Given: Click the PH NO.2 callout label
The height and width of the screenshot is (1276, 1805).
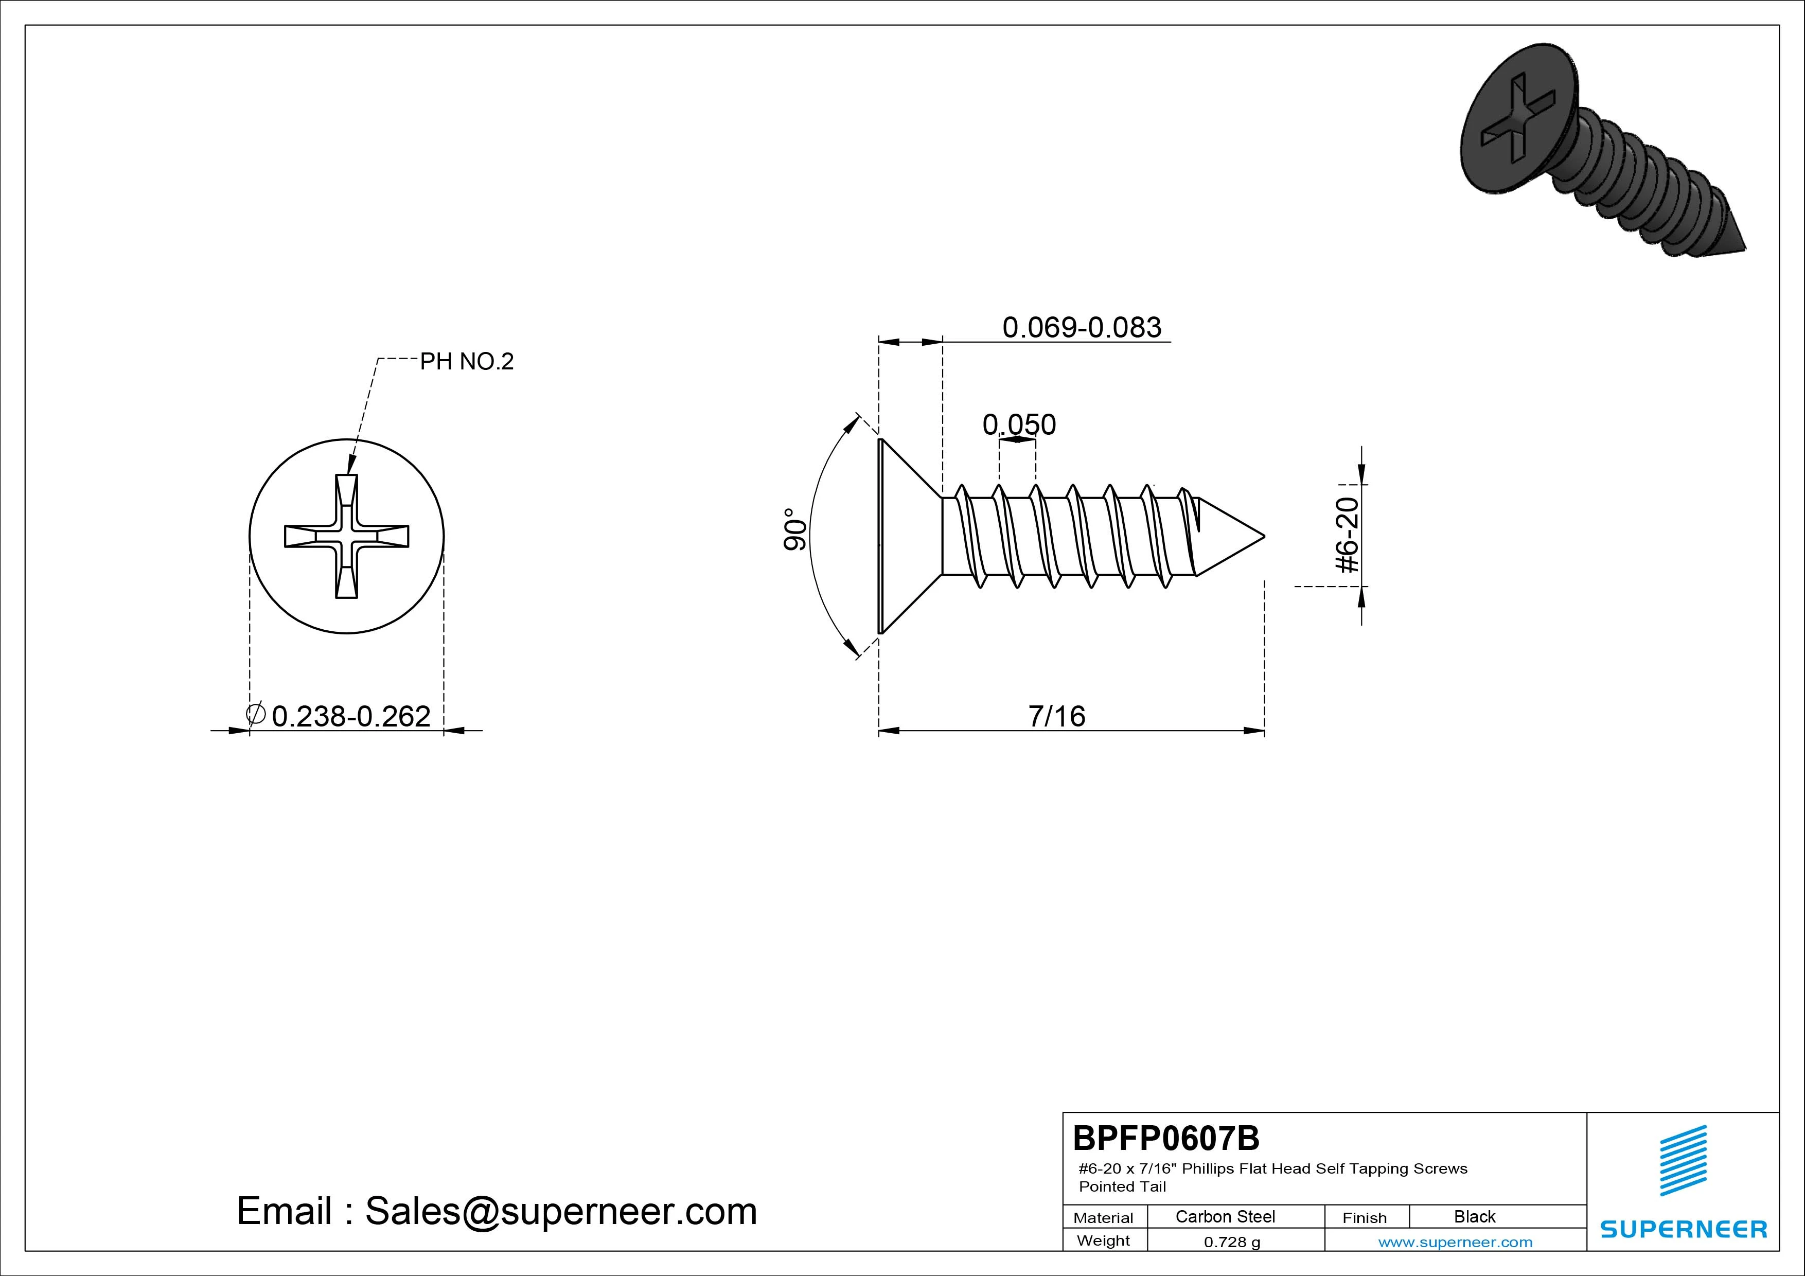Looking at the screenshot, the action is (467, 362).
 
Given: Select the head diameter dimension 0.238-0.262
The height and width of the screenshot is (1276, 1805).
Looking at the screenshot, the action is (350, 716).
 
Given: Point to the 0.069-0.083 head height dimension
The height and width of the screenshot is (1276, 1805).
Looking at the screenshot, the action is (1082, 327).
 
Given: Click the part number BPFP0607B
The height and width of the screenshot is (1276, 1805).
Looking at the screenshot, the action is (1166, 1138).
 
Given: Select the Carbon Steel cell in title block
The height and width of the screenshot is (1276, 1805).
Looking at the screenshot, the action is (1225, 1216).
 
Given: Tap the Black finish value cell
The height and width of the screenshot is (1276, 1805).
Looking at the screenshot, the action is (1475, 1216).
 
